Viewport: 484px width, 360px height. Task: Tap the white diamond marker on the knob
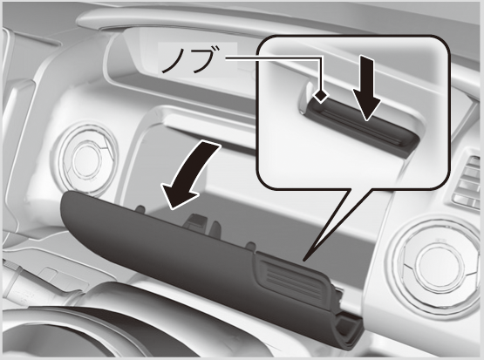click(321, 97)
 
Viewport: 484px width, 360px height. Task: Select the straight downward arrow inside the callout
click(366, 88)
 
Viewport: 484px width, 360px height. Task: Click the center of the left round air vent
click(87, 160)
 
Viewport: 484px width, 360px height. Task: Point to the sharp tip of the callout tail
click(304, 261)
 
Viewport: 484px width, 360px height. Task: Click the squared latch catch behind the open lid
click(195, 222)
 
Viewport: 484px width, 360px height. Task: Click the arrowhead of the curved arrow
click(179, 196)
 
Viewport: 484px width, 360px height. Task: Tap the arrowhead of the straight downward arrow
click(366, 105)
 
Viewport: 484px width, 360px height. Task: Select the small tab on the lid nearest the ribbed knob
click(250, 246)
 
